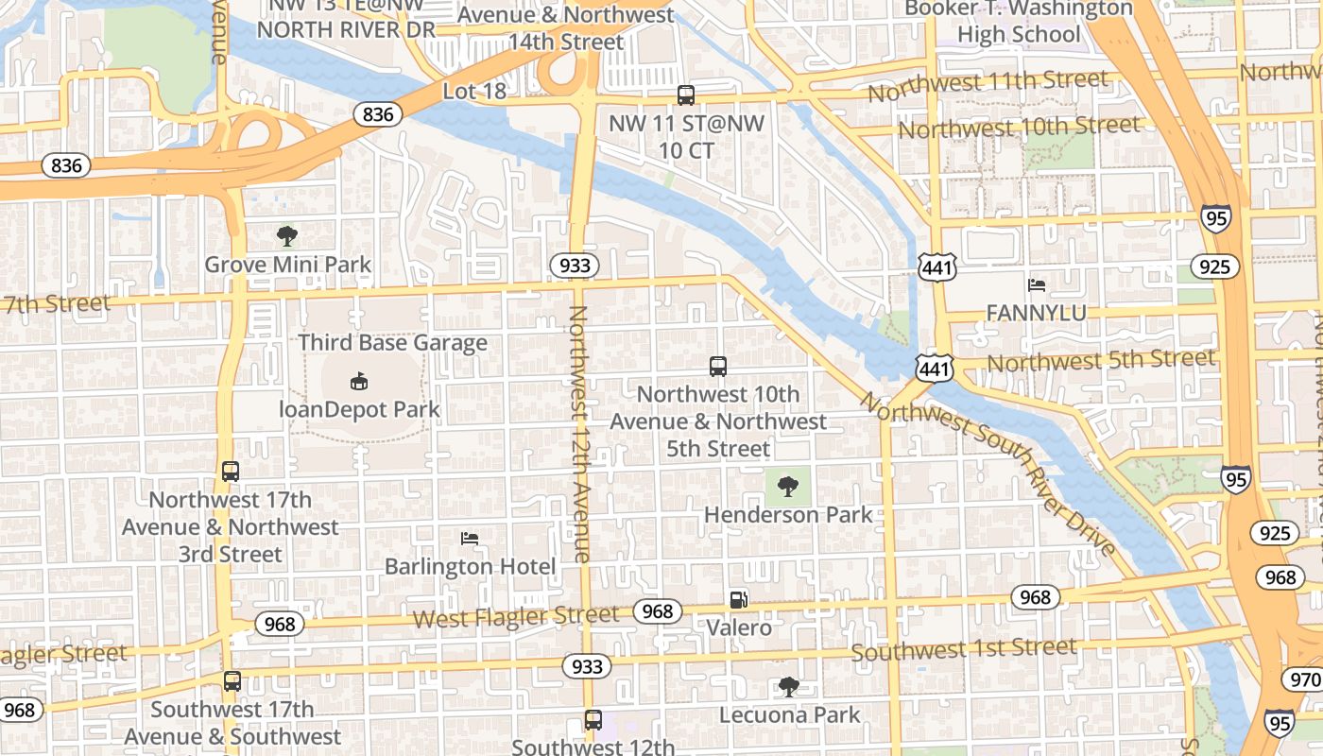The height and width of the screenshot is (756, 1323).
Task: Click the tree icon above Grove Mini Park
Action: [x=287, y=235]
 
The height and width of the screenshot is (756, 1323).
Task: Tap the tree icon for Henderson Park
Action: [x=787, y=487]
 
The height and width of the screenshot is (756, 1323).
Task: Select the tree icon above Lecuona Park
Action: [x=789, y=687]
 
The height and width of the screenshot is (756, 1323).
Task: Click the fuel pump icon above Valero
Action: [x=738, y=599]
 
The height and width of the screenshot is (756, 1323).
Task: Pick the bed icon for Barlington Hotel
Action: [x=470, y=539]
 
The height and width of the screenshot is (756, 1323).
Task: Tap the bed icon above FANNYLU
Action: [x=1037, y=284]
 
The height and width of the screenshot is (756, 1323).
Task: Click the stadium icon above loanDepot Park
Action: [x=359, y=382]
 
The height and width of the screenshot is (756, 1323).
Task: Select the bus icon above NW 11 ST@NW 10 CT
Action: [x=686, y=95]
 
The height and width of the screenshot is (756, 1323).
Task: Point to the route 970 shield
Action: [x=1304, y=679]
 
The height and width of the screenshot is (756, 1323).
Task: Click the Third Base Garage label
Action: [x=393, y=342]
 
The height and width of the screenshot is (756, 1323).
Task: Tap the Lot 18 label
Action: [x=474, y=92]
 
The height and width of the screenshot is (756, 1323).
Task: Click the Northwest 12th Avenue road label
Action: [x=578, y=435]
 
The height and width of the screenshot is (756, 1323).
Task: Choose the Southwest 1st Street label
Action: [x=964, y=649]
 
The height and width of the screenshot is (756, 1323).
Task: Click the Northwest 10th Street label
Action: [x=1019, y=127]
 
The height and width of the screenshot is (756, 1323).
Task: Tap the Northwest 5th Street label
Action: [x=1101, y=360]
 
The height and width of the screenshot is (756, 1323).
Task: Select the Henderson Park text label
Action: [x=789, y=515]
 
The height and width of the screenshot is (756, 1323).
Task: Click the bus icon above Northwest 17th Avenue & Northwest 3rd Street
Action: [x=231, y=472]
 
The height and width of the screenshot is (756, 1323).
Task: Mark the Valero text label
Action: [x=739, y=627]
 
